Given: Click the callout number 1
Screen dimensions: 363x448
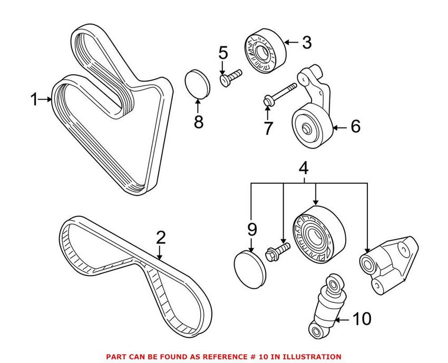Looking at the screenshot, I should point(34,99).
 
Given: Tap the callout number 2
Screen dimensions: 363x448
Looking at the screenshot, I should point(161,238).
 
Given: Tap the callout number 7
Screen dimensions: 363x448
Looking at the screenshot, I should point(268,127).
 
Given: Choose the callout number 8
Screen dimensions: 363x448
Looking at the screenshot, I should point(198,122).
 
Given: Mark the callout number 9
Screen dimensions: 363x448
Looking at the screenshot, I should point(251,229).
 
